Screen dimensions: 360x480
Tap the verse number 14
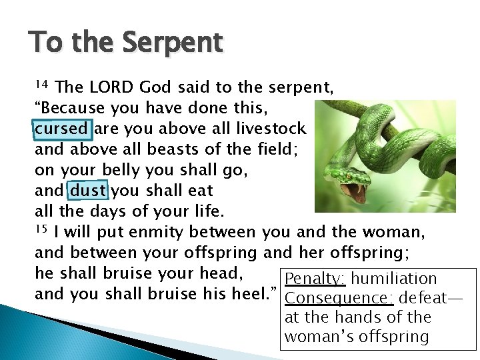(x=41, y=85)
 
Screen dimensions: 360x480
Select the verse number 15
(x=41, y=230)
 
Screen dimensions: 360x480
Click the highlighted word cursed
(x=61, y=129)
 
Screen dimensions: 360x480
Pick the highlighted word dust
(x=88, y=191)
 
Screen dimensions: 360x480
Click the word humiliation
(x=394, y=279)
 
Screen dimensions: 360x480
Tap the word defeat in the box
(x=424, y=299)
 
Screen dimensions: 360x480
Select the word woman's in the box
(x=319, y=337)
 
